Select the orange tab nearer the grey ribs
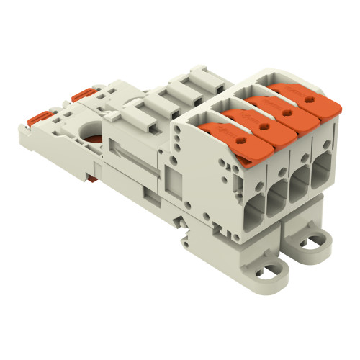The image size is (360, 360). (x=81, y=94)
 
